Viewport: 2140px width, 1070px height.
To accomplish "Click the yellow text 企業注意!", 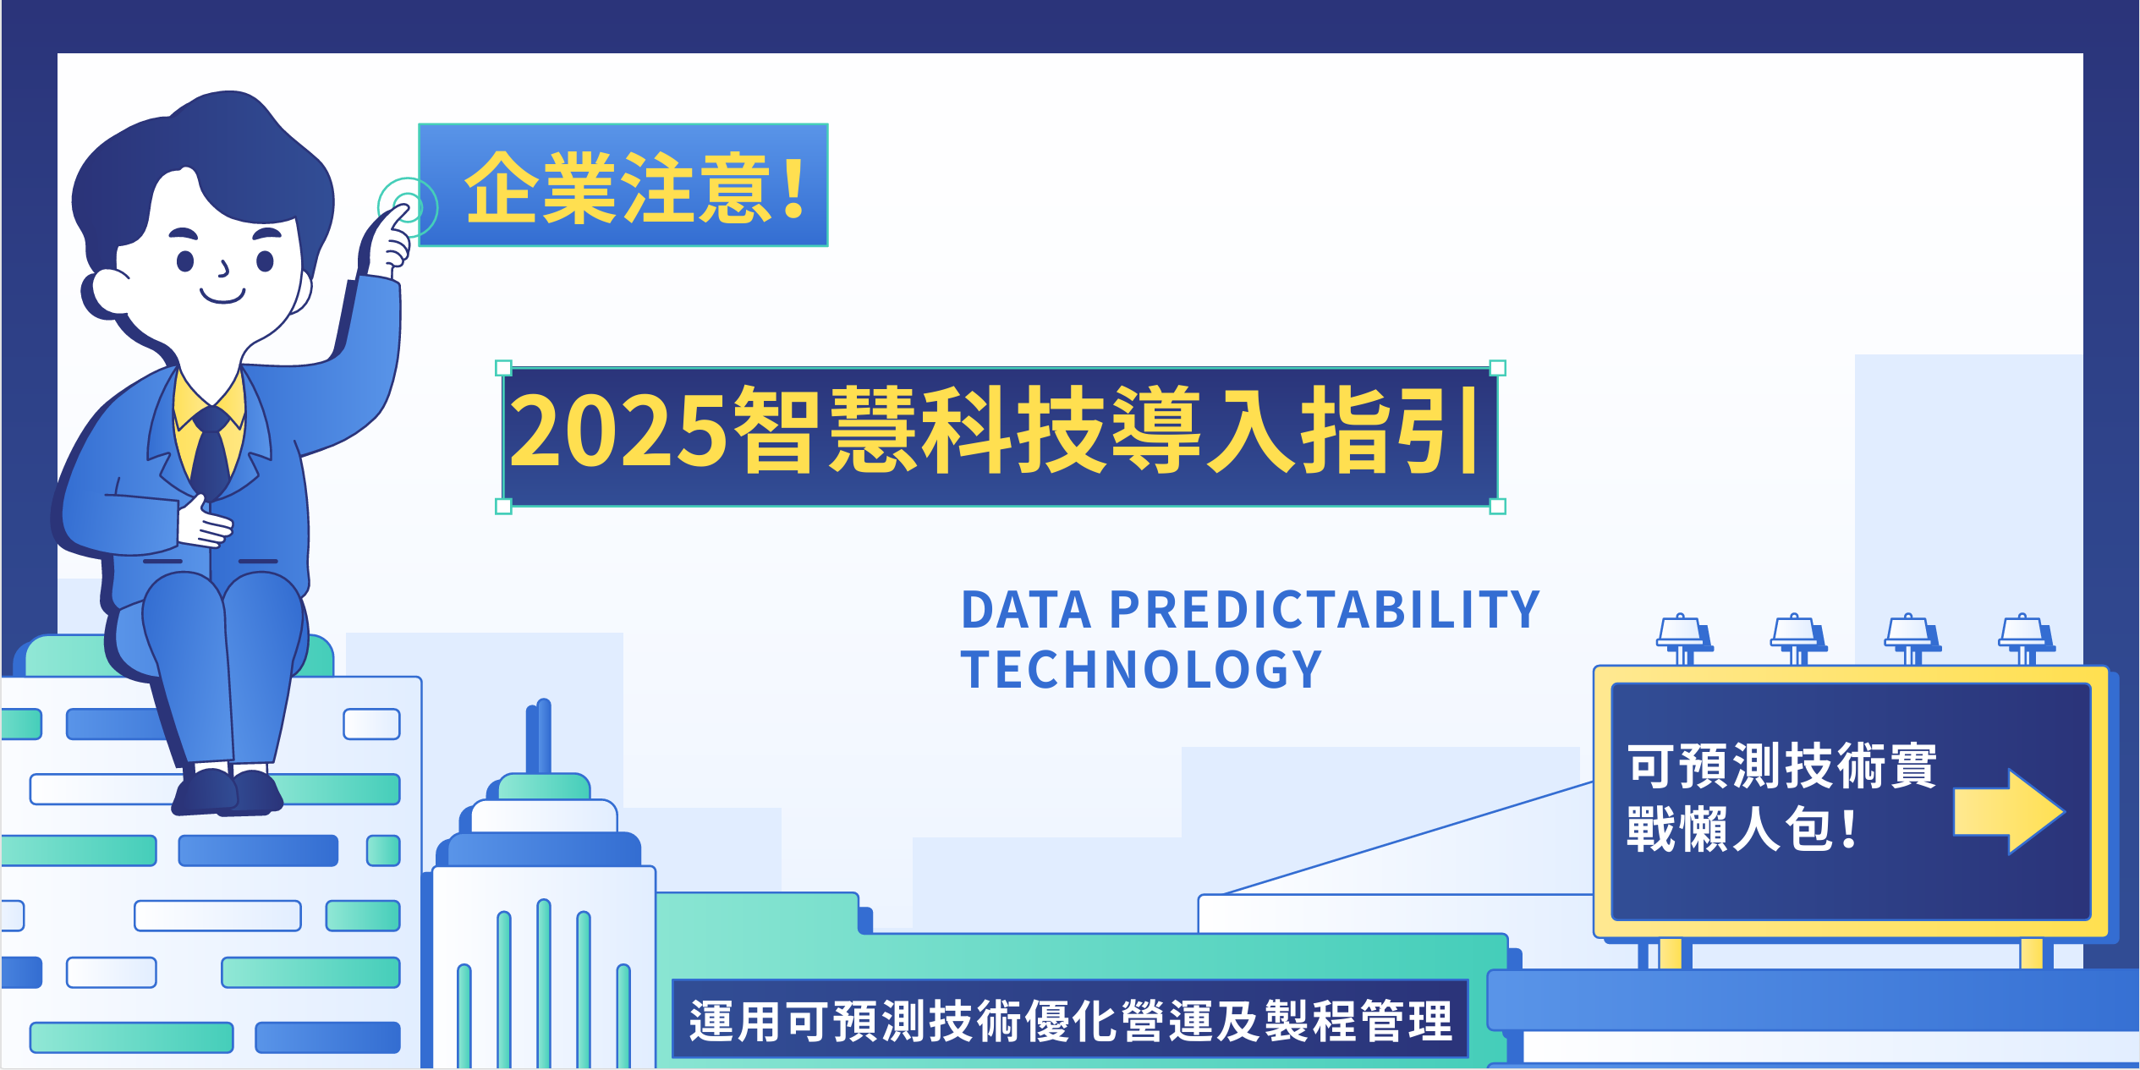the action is (634, 188).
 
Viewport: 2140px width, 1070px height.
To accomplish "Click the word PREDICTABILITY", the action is (1325, 610).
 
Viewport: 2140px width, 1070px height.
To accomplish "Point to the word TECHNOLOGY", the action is (1141, 670).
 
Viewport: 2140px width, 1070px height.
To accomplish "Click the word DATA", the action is (1026, 610).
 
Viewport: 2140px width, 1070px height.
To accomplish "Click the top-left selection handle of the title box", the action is (503, 368).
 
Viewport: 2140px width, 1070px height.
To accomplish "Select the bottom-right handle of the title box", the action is (1497, 507).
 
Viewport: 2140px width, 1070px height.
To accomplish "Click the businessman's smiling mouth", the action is (222, 296).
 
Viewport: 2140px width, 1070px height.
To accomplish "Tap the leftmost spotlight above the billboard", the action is (1684, 638).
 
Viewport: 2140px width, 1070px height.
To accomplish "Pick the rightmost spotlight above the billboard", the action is (2027, 638).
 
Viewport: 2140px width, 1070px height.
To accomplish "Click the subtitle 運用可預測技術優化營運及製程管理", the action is (1071, 1021).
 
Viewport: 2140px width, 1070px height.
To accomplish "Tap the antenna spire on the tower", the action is (539, 736).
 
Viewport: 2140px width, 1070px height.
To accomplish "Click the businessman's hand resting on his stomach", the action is (203, 523).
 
